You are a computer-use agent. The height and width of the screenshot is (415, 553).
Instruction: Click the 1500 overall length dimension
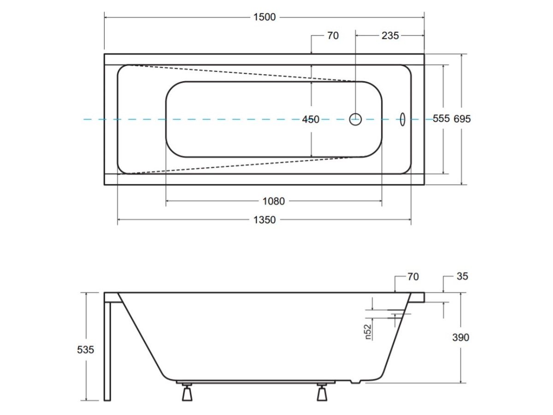[x=264, y=17]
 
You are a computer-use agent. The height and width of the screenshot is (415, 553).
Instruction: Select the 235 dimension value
[x=390, y=36]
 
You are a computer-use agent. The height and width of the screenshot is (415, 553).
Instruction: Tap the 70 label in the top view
[x=333, y=36]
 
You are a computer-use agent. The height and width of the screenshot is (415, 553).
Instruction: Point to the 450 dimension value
[x=311, y=119]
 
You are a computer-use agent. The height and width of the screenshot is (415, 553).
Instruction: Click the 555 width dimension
[x=441, y=119]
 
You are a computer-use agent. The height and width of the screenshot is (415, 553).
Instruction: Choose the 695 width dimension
[x=462, y=119]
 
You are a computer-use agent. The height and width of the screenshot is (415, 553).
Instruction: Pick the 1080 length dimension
[x=274, y=202]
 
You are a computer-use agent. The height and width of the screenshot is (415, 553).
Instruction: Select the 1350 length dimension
[x=264, y=220]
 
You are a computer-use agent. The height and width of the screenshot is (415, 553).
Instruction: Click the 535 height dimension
[x=85, y=350]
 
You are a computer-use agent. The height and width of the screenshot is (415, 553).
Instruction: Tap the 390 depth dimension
[x=460, y=338]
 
